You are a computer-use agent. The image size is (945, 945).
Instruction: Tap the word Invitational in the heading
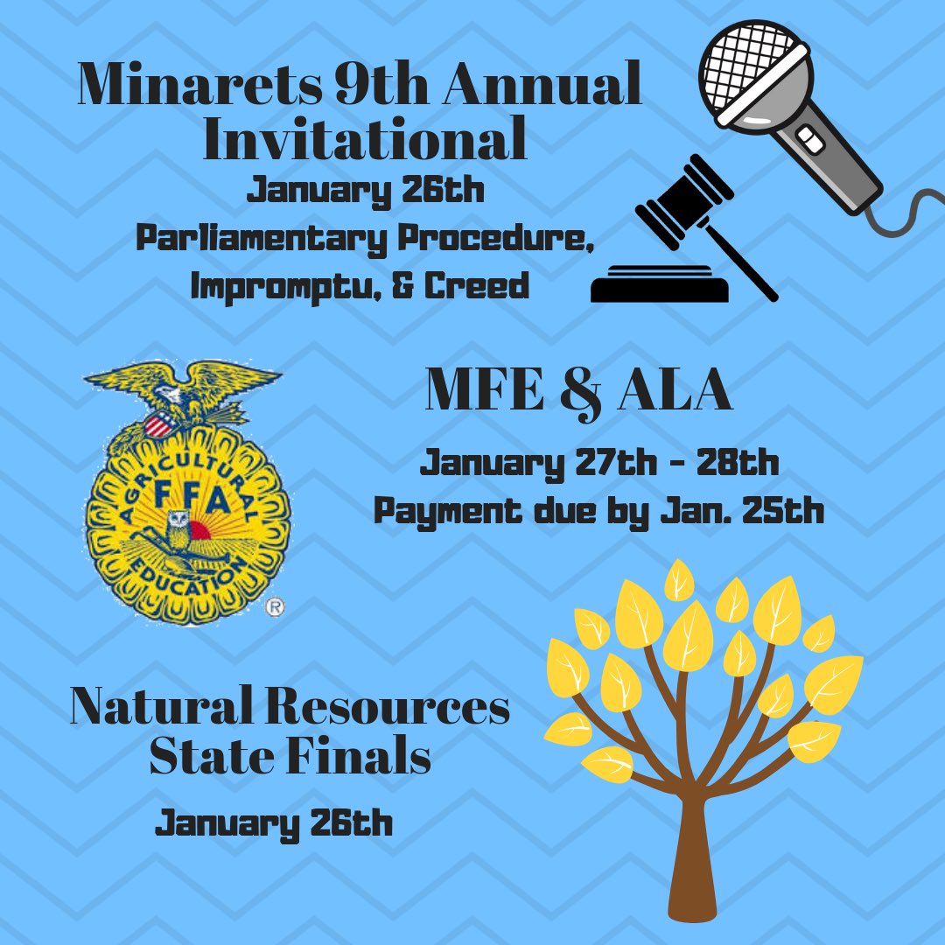tap(365, 140)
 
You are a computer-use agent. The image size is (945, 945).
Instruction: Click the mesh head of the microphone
tap(755, 66)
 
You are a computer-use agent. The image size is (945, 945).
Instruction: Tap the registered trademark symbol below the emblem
tap(274, 605)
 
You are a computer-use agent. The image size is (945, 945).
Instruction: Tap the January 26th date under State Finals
tap(274, 823)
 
